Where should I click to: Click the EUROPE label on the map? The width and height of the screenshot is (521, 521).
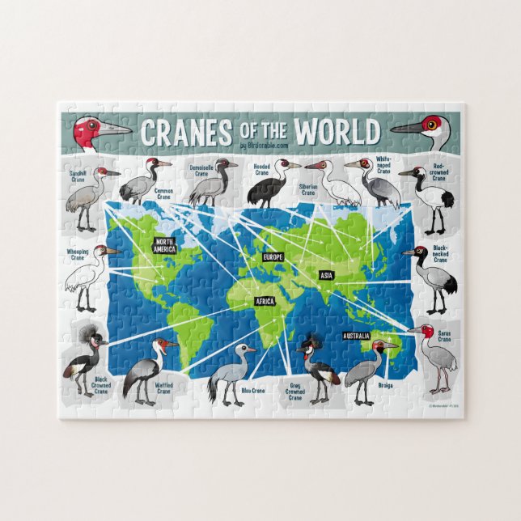272,256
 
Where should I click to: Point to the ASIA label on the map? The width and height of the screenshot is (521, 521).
325,275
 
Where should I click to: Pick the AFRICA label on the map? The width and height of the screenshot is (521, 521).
265,301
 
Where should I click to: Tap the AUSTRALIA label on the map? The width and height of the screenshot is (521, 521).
356,336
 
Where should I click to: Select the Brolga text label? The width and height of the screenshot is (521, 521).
385,385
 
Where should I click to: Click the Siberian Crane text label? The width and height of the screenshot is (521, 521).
308,190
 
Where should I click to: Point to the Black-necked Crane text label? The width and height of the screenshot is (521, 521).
440,254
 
